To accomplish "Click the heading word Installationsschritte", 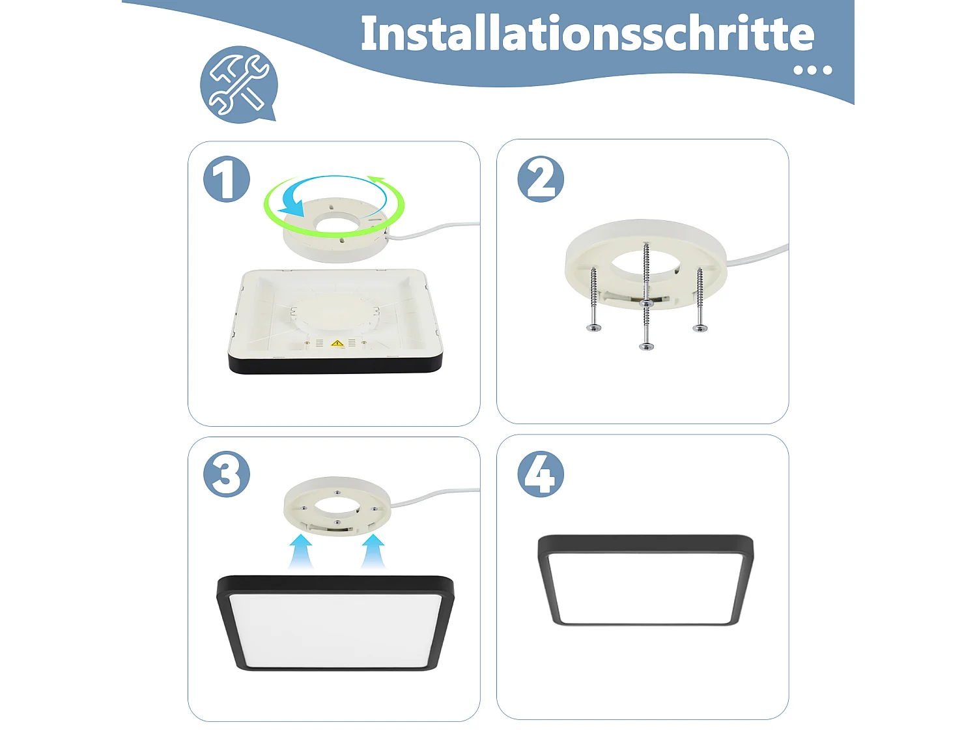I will click(x=587, y=34).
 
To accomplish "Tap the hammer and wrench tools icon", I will click(x=238, y=84).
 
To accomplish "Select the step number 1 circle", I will click(x=227, y=179).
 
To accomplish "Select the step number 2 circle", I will click(x=541, y=179).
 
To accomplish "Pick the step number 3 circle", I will click(x=227, y=474).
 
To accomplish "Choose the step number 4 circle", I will click(x=541, y=474).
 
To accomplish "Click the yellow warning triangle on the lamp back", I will click(x=337, y=343).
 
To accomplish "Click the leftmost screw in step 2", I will click(x=593, y=299).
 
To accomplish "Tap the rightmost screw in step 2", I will click(x=700, y=299).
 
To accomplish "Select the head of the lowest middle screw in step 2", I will click(x=646, y=345).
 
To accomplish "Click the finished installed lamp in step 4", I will click(x=645, y=580).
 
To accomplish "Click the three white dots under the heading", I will click(x=813, y=70).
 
